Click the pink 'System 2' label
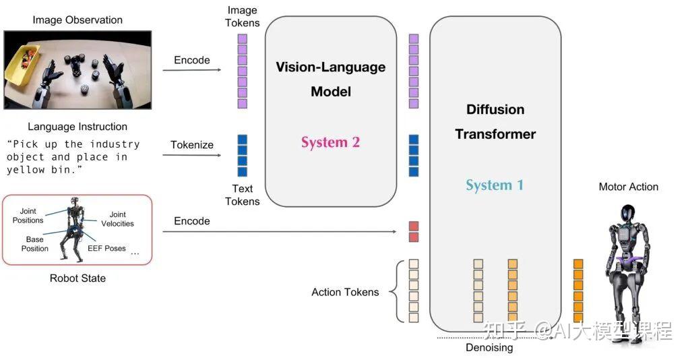(x=330, y=142)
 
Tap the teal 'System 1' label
(x=495, y=185)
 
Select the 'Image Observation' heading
(x=77, y=20)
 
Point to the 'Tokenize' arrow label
(x=192, y=145)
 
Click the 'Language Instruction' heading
(x=77, y=127)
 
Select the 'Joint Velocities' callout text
(x=118, y=219)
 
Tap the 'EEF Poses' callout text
(x=106, y=248)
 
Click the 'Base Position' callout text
(x=34, y=244)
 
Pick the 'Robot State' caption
(x=77, y=278)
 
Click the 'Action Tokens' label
(x=345, y=292)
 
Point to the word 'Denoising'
(x=489, y=348)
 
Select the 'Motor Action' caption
(x=628, y=187)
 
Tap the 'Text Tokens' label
(x=242, y=195)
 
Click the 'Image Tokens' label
(x=242, y=16)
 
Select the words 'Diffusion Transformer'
(x=495, y=121)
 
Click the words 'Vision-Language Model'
(x=330, y=79)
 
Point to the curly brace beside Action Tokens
(x=397, y=291)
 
